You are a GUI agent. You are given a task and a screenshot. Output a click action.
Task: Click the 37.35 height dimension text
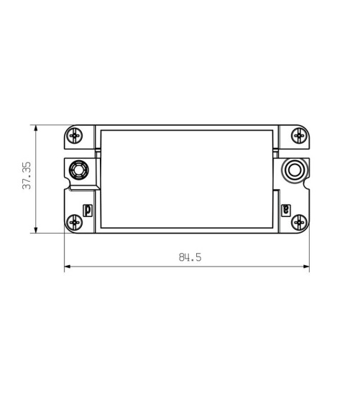[x=27, y=175]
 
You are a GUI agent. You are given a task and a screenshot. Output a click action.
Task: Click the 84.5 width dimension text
[x=190, y=257]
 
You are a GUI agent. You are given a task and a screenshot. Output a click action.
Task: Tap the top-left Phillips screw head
[x=74, y=135]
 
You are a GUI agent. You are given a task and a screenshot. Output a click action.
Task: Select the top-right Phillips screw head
[x=299, y=135]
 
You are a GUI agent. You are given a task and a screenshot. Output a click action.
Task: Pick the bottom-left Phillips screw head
[x=74, y=222]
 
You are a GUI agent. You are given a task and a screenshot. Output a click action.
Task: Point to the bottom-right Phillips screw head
[x=299, y=222]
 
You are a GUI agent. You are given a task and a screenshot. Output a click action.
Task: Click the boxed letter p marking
[x=88, y=211]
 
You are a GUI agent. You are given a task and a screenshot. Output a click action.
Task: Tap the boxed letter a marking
[x=286, y=211]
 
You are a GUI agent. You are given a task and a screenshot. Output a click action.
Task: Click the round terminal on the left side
[x=79, y=170]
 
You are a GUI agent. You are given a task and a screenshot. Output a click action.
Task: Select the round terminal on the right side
[x=295, y=170]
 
